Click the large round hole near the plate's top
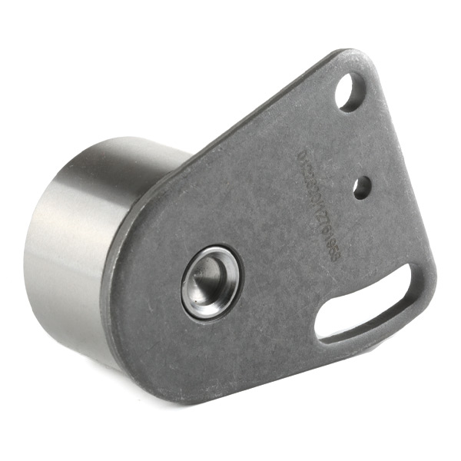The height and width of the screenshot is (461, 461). (351, 91)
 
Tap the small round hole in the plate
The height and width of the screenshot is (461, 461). (361, 185)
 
